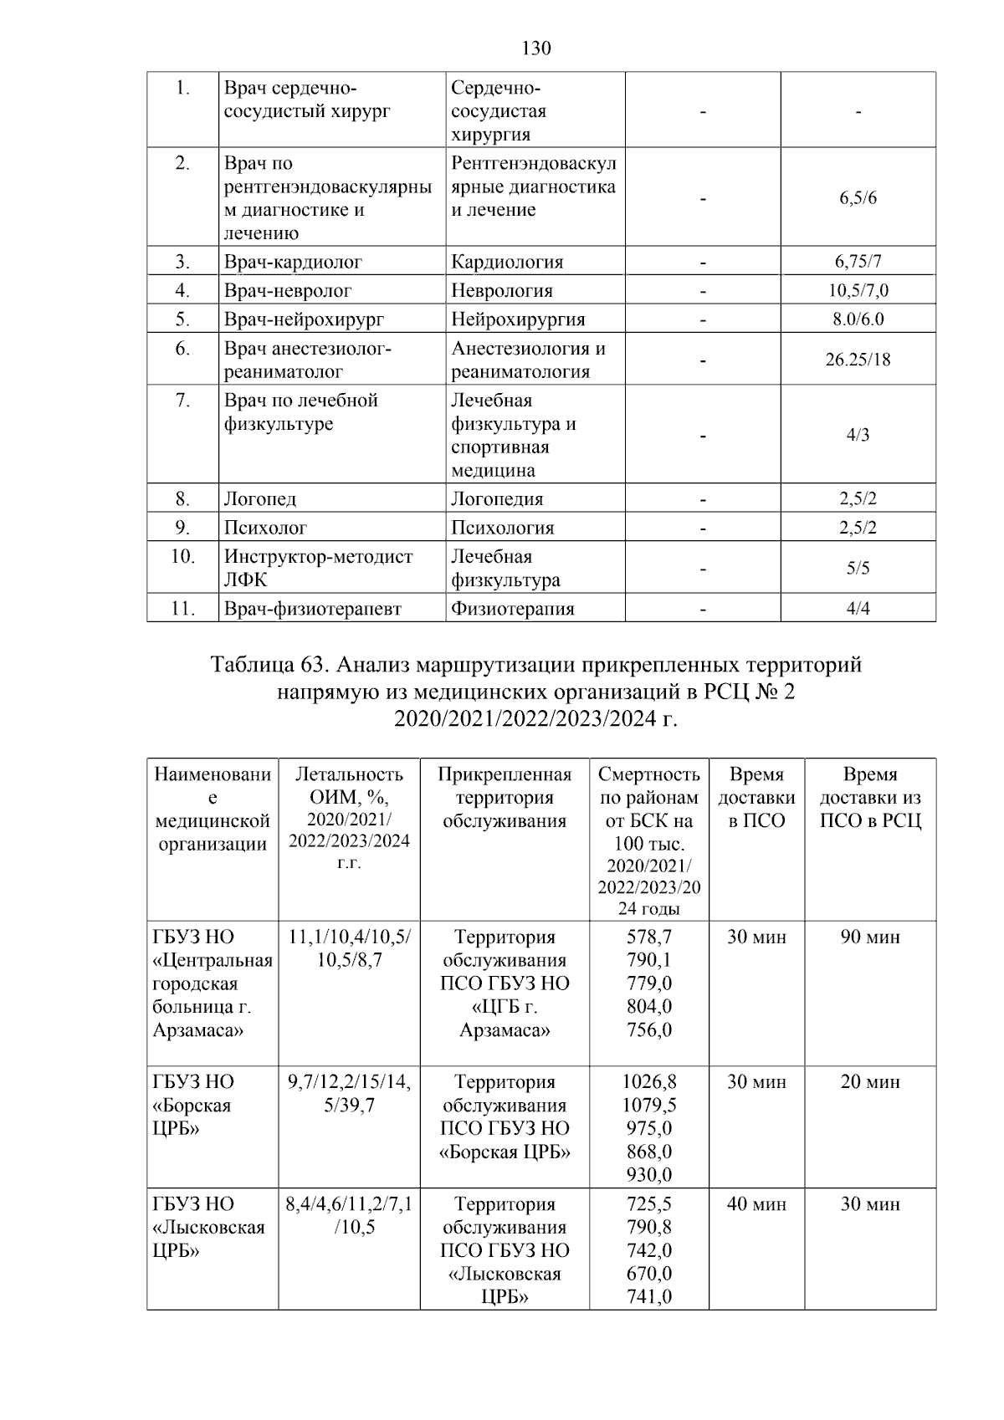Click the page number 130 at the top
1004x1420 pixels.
(x=535, y=49)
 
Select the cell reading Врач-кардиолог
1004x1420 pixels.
(x=293, y=262)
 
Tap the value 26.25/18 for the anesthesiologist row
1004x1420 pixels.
(x=858, y=360)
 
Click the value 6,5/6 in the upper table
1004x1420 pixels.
(x=858, y=198)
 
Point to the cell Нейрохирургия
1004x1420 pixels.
(x=518, y=319)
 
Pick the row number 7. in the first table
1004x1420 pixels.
(x=182, y=401)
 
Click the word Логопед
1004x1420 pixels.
(x=259, y=499)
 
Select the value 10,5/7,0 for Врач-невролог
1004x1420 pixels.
(x=858, y=291)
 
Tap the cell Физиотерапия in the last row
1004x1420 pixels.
(x=512, y=609)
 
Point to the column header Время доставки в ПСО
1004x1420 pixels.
(x=756, y=797)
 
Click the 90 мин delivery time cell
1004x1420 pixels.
(x=870, y=937)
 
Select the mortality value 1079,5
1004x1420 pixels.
(x=649, y=1105)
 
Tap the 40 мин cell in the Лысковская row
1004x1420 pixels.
(x=756, y=1204)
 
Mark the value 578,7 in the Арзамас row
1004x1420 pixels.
(x=649, y=937)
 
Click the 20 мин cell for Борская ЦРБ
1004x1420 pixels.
(x=870, y=1082)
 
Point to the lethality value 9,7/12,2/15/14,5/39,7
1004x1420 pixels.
(x=349, y=1093)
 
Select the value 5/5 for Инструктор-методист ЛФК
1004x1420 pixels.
(x=858, y=569)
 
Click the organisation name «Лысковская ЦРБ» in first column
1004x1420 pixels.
(x=209, y=1228)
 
